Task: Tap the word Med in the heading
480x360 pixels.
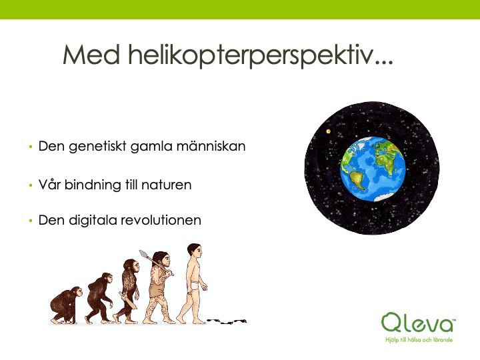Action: tap(91, 55)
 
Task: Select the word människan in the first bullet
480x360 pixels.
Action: tap(211, 146)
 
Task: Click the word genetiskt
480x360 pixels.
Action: tap(97, 147)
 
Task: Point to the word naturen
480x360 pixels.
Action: tap(167, 185)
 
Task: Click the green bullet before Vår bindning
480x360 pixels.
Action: tap(31, 185)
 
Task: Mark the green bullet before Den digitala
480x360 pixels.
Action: tap(31, 221)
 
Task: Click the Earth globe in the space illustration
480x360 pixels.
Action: tap(373, 169)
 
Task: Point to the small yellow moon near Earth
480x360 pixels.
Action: tap(329, 131)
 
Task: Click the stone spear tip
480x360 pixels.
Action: tap(143, 254)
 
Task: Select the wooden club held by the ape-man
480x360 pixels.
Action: tap(128, 301)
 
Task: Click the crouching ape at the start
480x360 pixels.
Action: tap(65, 305)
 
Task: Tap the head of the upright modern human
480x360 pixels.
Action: tap(195, 250)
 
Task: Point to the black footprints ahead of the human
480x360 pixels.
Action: tap(227, 321)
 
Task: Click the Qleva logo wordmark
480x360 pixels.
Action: tap(418, 323)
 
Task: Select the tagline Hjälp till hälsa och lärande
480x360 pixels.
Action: tap(419, 339)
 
